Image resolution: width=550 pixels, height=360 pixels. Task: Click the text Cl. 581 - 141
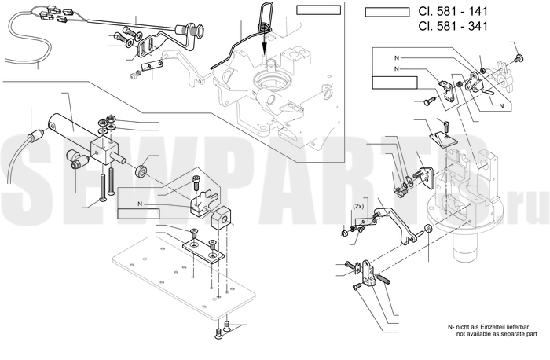point(453,11)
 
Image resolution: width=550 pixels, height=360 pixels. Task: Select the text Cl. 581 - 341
point(453,26)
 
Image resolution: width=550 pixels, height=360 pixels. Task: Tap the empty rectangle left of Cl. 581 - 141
point(387,13)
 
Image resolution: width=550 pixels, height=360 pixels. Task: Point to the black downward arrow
point(264,42)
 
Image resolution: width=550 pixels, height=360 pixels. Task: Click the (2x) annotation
point(359,207)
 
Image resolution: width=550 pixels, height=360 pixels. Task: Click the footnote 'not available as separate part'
point(497,334)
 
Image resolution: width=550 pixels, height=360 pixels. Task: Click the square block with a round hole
point(220,218)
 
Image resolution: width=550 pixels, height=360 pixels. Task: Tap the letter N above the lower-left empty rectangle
point(140,204)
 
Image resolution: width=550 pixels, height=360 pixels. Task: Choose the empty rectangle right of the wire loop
point(318,9)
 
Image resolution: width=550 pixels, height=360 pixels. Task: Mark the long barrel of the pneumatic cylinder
point(72,127)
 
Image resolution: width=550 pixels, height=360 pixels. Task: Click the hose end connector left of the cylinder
point(35,134)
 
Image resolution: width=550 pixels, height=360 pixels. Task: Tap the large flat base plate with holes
point(184,277)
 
